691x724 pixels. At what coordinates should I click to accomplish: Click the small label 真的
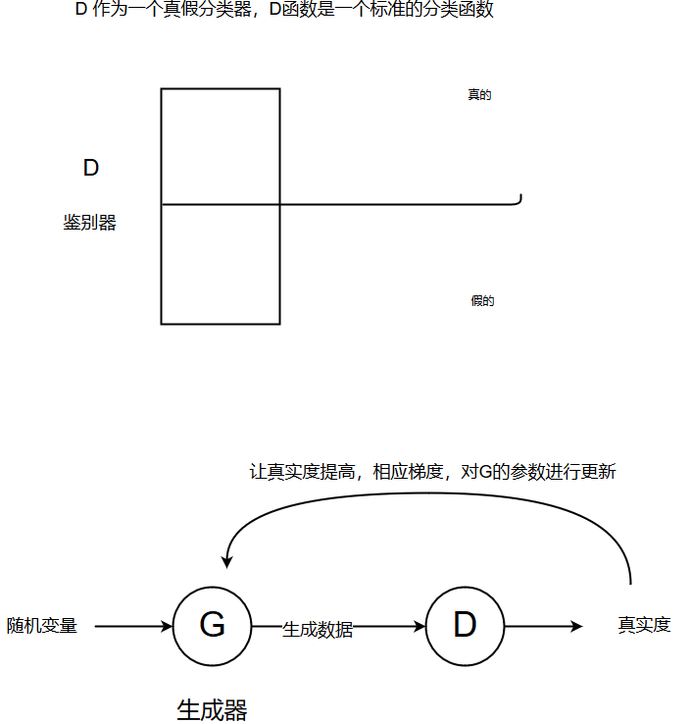(479, 95)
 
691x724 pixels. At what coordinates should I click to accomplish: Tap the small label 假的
(482, 301)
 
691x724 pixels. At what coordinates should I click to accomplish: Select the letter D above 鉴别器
(91, 168)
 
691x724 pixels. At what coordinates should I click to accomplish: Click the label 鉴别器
(90, 224)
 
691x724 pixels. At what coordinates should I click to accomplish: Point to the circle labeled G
(212, 625)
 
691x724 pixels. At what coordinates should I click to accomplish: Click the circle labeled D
(465, 625)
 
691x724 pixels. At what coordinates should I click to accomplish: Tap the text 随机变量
(42, 625)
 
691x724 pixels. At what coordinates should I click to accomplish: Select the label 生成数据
(318, 630)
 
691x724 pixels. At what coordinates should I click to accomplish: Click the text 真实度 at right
(644, 625)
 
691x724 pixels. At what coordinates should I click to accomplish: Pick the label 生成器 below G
(212, 709)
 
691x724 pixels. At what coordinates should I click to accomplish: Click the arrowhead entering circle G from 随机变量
(167, 625)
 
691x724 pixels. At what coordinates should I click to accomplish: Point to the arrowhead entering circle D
(420, 625)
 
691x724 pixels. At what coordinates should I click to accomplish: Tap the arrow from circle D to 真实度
(544, 625)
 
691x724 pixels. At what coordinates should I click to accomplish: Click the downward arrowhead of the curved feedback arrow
(226, 561)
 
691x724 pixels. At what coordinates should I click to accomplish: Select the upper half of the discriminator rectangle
(221, 146)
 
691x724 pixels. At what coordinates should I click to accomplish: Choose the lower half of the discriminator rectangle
(221, 264)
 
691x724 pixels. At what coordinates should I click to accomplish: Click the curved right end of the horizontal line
(518, 200)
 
